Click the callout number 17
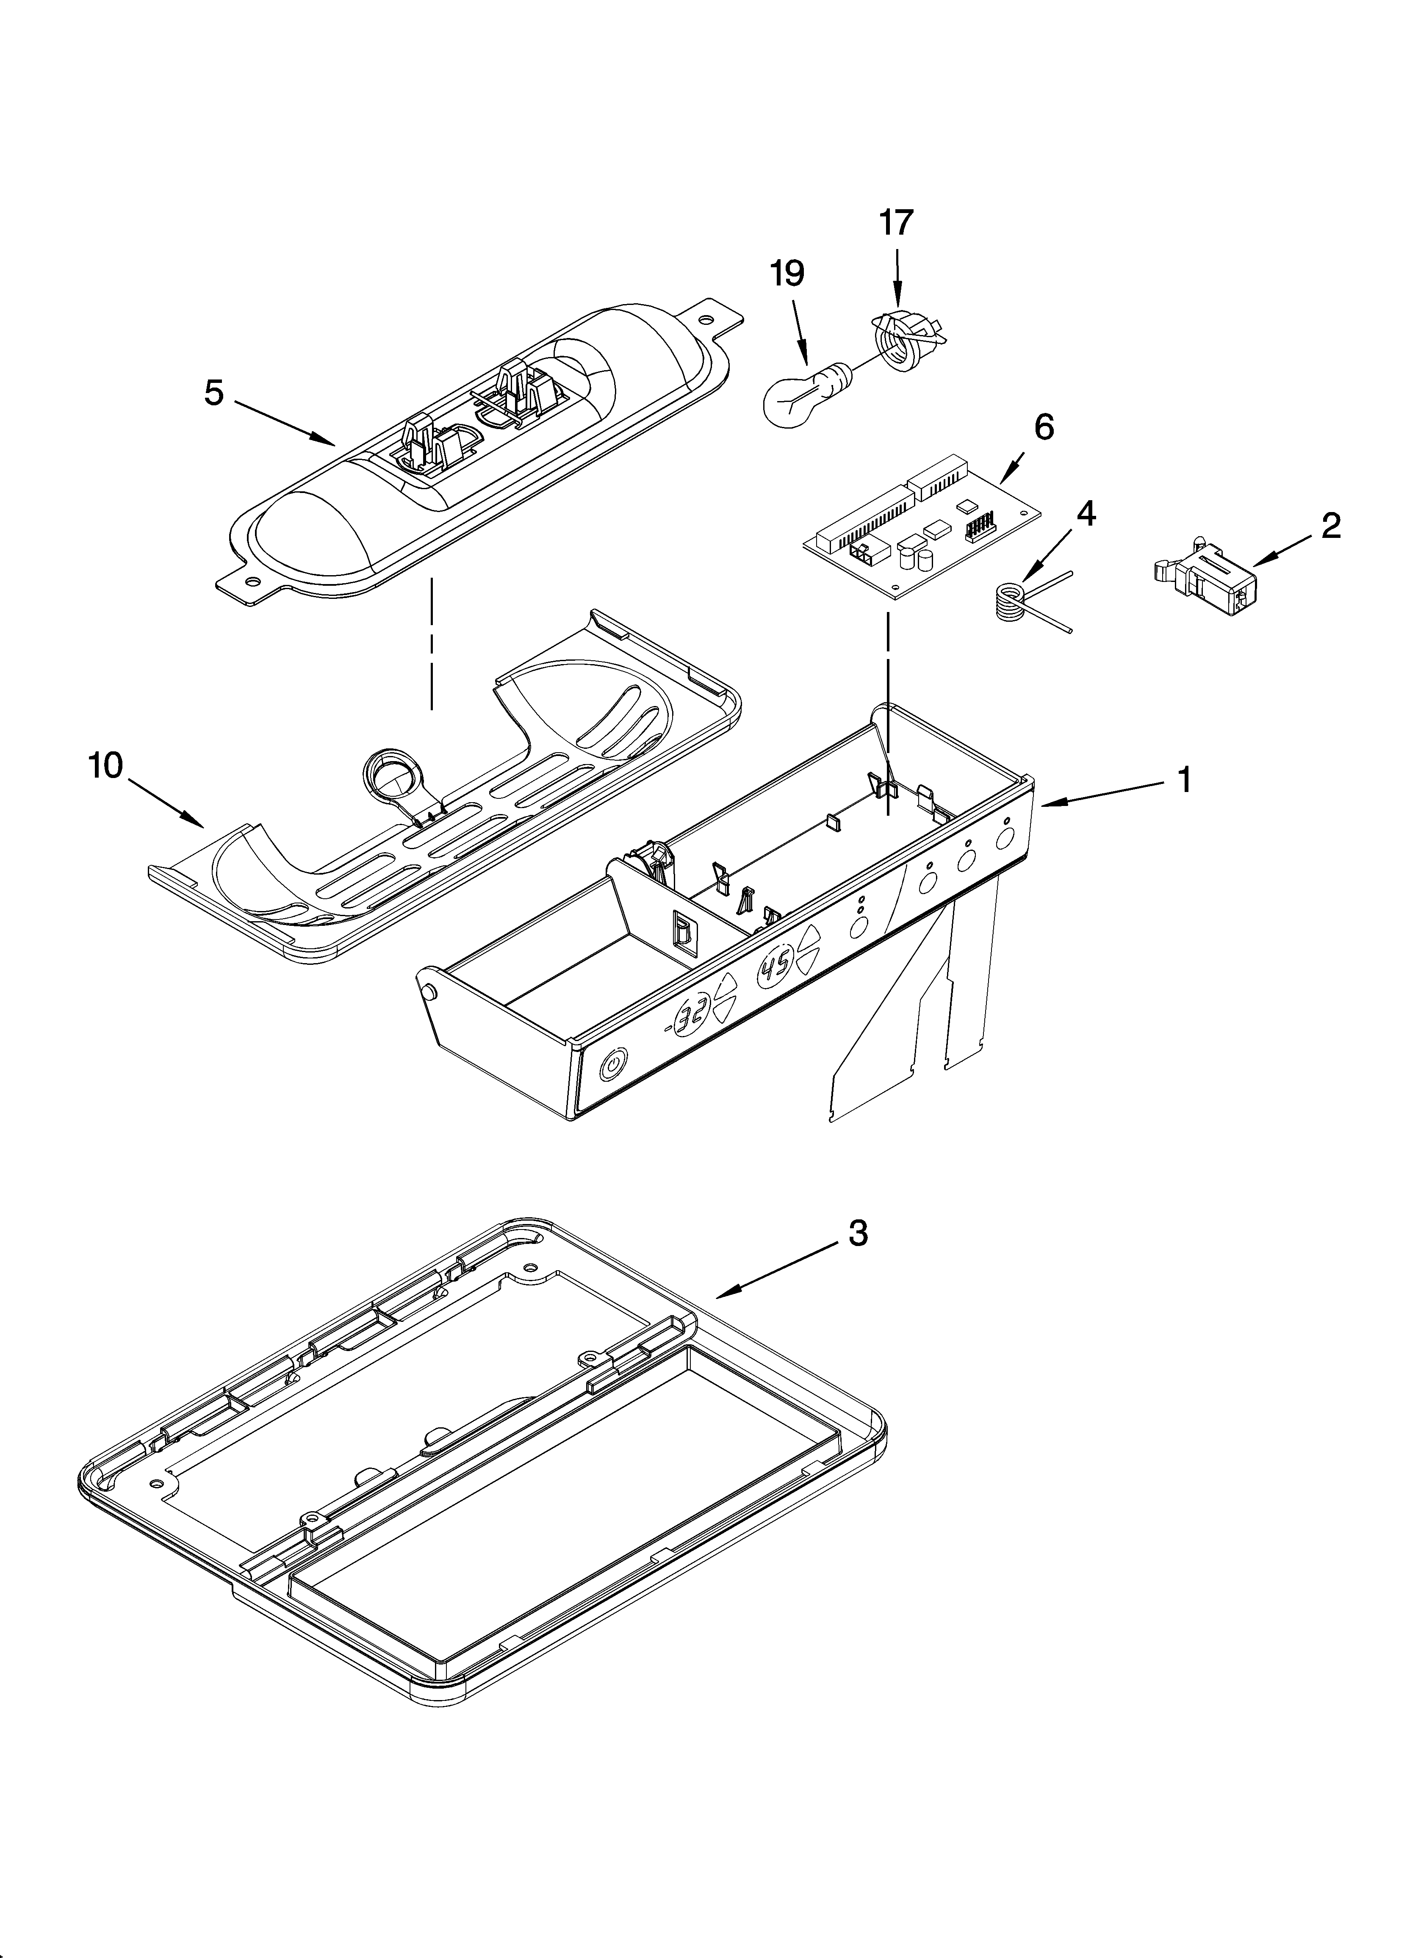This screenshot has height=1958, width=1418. pos(896,224)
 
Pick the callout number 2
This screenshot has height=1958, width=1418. pos(1331,526)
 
